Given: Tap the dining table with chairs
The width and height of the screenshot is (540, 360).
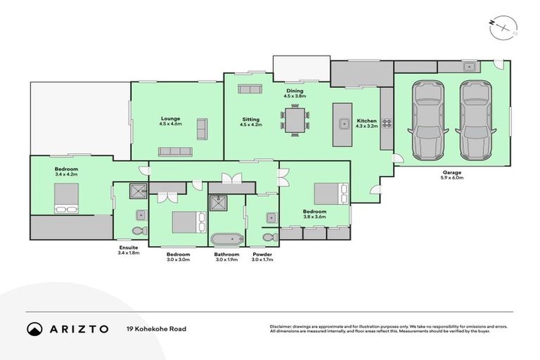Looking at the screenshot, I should pyautogui.click(x=295, y=120).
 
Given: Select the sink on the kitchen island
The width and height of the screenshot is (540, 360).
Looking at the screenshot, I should pyautogui.click(x=345, y=124).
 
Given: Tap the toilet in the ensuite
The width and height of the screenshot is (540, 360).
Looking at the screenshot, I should pyautogui.click(x=139, y=230).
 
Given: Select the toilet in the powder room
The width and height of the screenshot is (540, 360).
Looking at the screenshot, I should pyautogui.click(x=268, y=236).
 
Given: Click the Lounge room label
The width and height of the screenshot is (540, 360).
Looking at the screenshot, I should pyautogui.click(x=171, y=121).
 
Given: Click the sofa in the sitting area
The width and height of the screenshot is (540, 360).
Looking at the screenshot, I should pyautogui.click(x=248, y=89).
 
